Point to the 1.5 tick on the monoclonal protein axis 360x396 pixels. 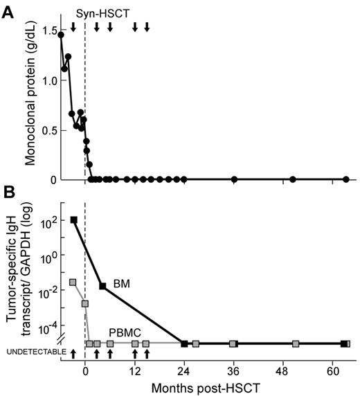(46, 30)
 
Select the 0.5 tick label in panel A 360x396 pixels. (46, 130)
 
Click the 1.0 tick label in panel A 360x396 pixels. (46, 80)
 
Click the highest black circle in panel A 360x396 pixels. (61, 35)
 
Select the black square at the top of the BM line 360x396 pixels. (73, 220)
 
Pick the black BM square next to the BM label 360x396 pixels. (102, 286)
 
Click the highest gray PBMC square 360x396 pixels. (73, 282)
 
